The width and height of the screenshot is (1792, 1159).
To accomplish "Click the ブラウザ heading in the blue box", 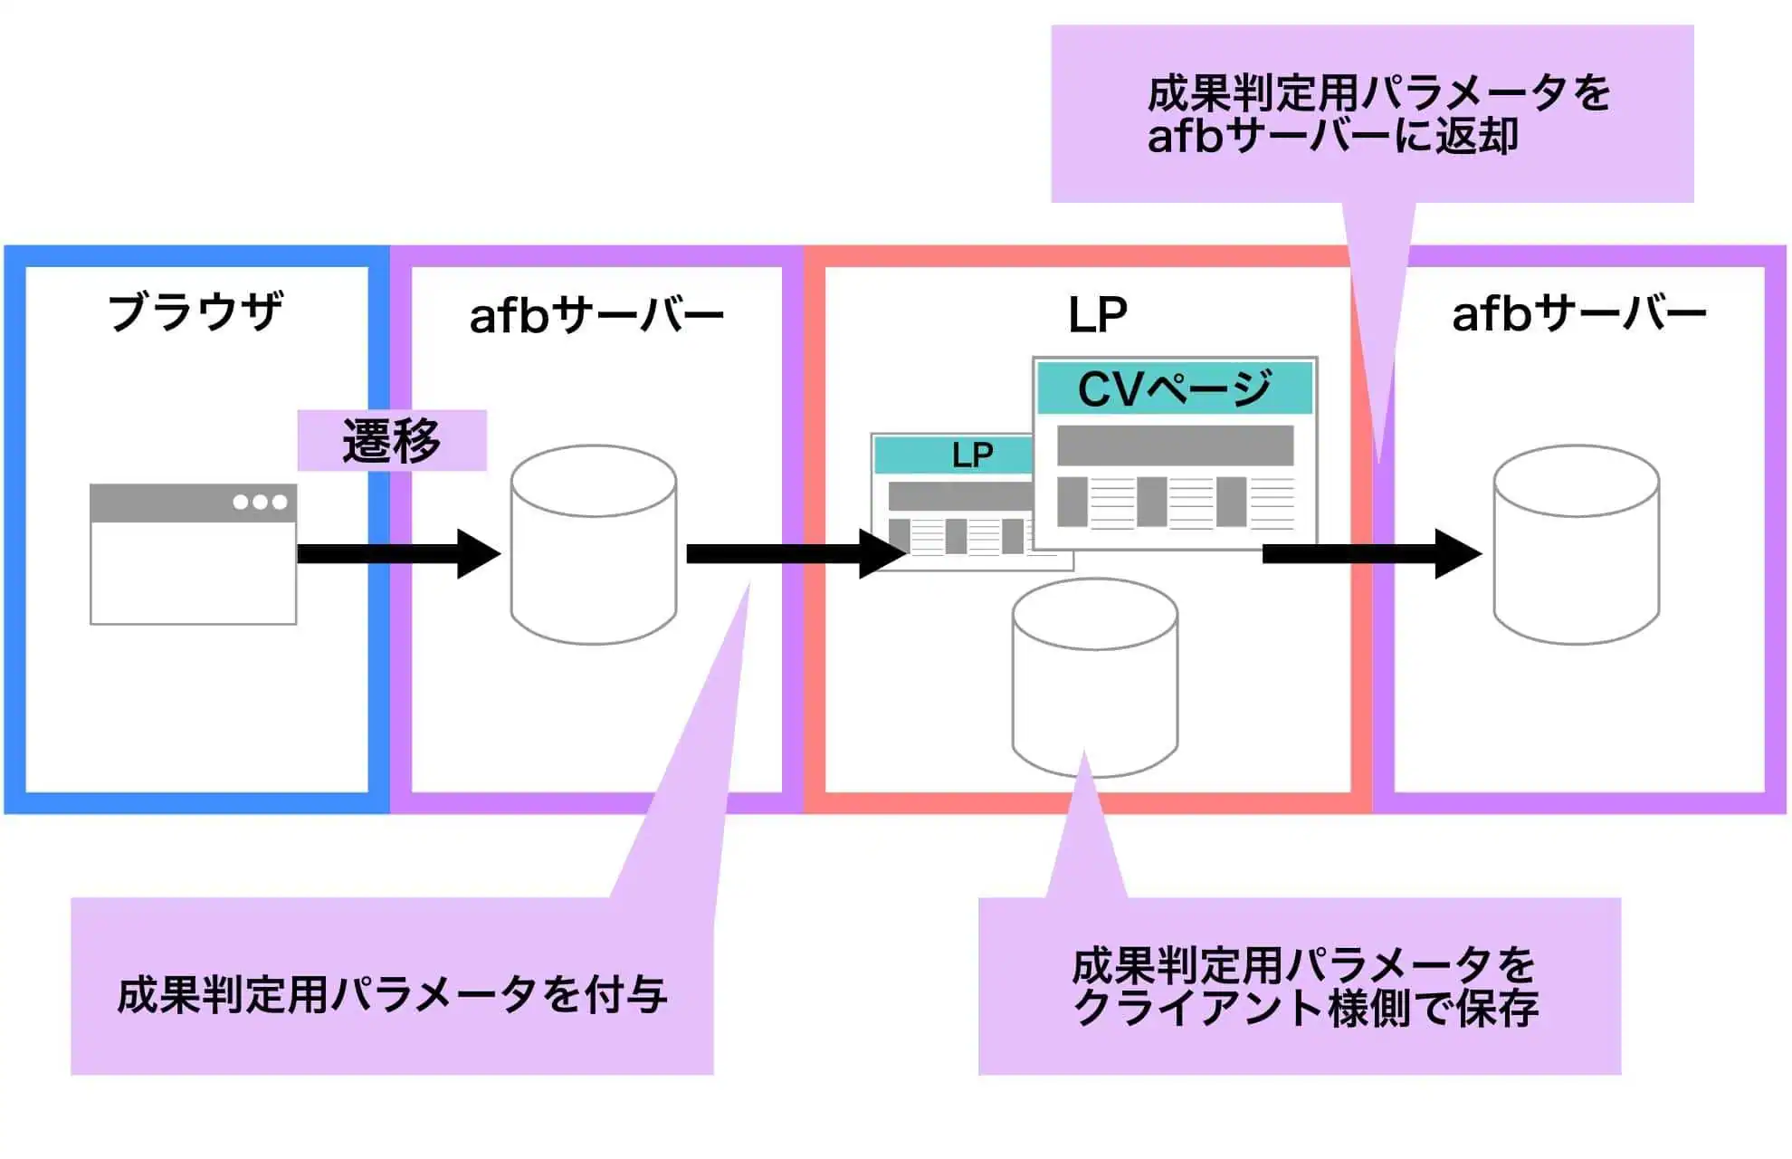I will (x=195, y=311).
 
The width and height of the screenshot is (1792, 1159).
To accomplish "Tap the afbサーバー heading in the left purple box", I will (x=596, y=316).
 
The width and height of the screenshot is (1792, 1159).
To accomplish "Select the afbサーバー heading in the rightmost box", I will (x=1578, y=314).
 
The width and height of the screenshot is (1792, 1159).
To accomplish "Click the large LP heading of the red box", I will (x=1097, y=316).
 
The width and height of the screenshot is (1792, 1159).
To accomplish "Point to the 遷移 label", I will (x=392, y=441).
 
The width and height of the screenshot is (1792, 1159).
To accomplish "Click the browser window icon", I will (x=193, y=554).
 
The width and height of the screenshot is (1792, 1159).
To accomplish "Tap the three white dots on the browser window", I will (x=260, y=503).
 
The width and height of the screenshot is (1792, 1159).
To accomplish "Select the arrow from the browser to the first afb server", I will (x=398, y=554).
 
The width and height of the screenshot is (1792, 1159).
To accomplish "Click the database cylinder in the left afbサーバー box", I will (x=594, y=545).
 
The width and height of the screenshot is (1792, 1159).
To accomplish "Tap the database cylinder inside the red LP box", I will (x=1094, y=678).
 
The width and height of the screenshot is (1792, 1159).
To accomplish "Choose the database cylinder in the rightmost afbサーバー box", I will (x=1576, y=545).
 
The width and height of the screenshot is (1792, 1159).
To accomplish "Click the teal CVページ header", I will (x=1174, y=388).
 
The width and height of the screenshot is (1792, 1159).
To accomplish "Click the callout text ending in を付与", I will (x=392, y=994).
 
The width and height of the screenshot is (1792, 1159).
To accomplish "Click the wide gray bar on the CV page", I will (x=1175, y=445).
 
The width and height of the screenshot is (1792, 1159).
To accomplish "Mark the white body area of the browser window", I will (x=193, y=573).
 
